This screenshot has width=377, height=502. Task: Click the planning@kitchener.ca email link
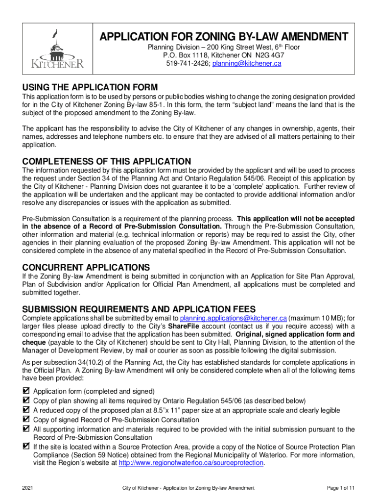coord(239,64)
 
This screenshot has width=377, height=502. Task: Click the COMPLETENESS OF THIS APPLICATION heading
coord(107,161)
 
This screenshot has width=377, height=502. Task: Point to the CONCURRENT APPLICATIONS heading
coord(86,267)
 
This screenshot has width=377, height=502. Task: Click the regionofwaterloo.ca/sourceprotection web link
coord(191,464)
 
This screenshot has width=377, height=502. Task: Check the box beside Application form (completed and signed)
coord(26,391)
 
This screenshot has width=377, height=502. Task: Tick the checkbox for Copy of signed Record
coord(26,420)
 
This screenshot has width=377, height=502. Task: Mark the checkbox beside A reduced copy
coord(26,410)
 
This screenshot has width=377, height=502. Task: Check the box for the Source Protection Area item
coord(26,447)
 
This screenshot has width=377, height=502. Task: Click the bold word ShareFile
coord(184,326)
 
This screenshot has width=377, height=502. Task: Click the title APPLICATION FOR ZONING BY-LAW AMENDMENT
coord(224,37)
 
